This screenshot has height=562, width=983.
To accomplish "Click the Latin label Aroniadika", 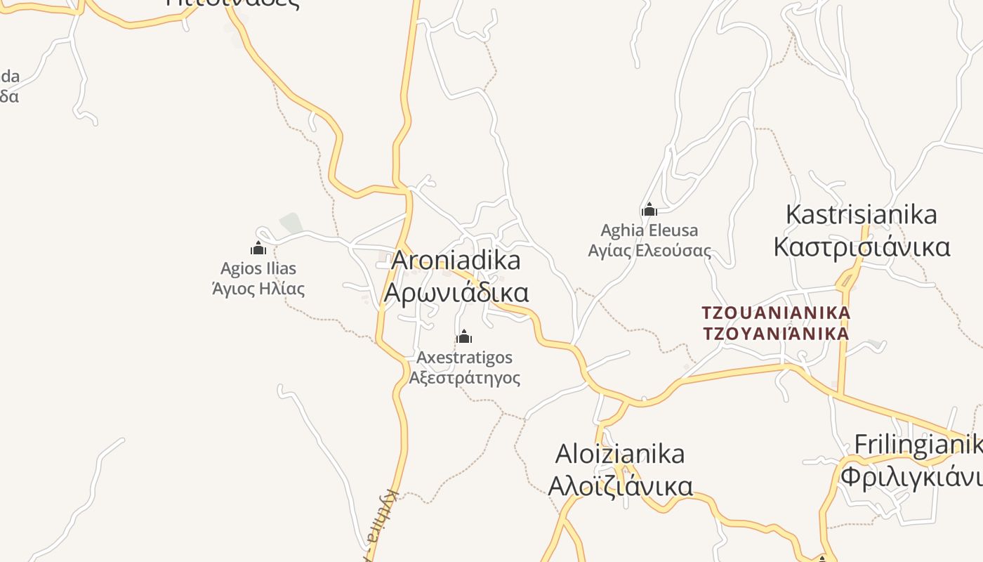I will click(456, 261).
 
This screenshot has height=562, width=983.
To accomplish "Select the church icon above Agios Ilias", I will click(258, 248).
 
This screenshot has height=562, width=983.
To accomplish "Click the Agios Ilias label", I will click(258, 268).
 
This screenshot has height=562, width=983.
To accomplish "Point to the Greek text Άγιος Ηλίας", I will click(258, 288).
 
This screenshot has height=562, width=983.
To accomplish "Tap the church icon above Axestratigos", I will click(463, 337).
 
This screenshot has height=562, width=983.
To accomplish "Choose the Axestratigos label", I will click(464, 358).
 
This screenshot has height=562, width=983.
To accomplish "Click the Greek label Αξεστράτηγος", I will click(464, 378).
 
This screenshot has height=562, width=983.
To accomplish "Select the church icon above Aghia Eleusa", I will click(649, 209).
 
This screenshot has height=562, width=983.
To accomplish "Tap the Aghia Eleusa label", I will click(649, 230).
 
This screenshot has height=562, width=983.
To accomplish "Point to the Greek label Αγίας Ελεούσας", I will click(649, 250).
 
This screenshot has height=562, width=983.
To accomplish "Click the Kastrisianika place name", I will click(861, 214).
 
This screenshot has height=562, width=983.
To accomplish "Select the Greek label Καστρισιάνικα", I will click(862, 247).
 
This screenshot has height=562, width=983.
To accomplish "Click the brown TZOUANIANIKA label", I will click(776, 312).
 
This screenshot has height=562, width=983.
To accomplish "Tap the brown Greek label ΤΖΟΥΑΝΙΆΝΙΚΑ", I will click(776, 332).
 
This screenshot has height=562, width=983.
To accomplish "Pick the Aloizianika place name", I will click(620, 454).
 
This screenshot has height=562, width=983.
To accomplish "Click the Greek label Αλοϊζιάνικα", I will click(620, 486).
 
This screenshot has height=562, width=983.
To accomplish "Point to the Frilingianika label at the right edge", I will click(918, 445).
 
